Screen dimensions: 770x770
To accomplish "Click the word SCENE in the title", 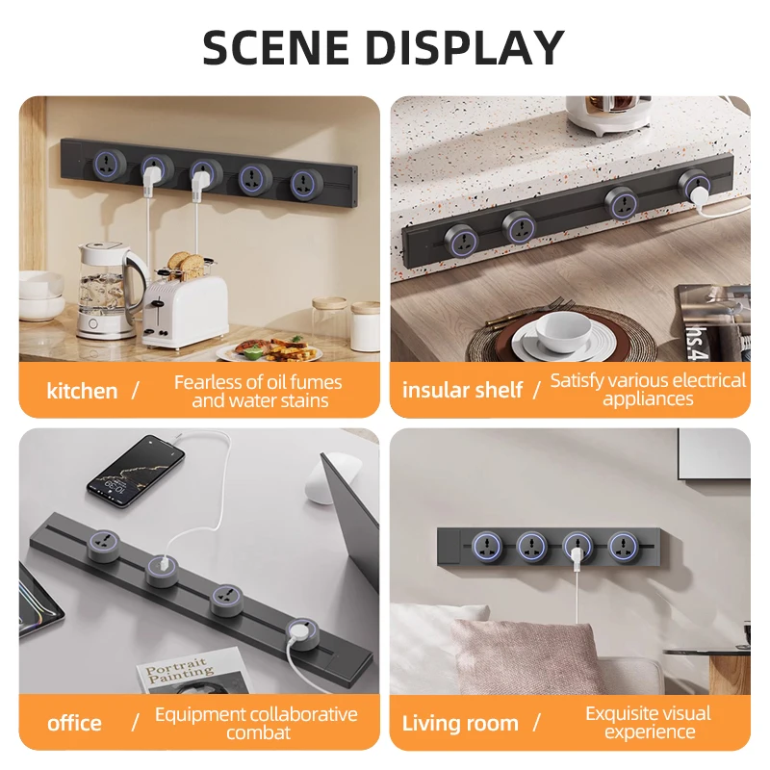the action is [x=276, y=47].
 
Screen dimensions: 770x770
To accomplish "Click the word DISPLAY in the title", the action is [x=465, y=47].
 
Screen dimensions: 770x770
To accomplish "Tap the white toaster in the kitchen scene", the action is [x=185, y=311].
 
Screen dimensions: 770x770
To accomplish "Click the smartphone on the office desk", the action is [x=136, y=472].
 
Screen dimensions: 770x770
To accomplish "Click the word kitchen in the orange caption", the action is [x=82, y=392].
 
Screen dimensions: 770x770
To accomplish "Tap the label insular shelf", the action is [x=462, y=391].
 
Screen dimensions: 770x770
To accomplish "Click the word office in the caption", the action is [x=74, y=724].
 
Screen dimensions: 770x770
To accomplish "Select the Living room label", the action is [x=460, y=724].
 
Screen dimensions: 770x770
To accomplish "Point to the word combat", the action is [x=258, y=732].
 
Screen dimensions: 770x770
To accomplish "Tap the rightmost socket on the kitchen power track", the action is [x=306, y=183].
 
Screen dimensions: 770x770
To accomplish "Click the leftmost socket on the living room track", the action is [x=487, y=547].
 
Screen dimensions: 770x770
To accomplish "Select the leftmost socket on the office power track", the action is [x=105, y=546].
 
